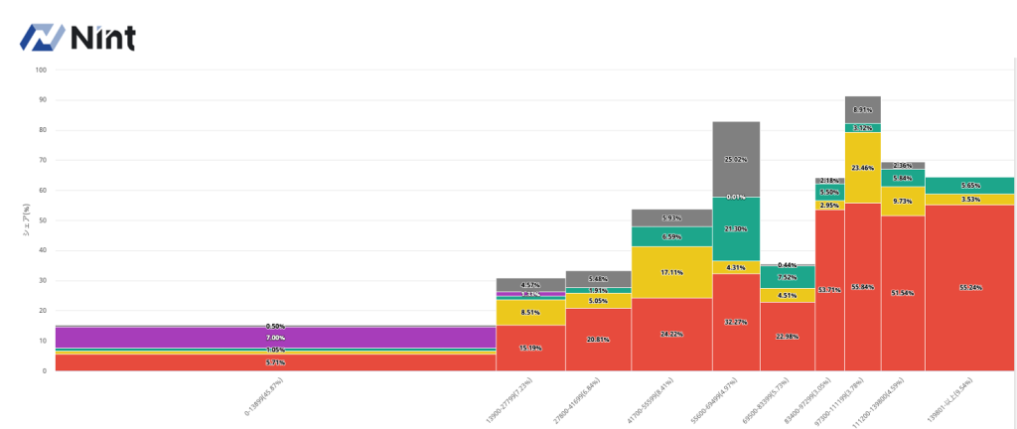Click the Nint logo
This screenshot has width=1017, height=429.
tap(78, 37)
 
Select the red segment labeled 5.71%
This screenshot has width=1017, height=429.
tap(275, 362)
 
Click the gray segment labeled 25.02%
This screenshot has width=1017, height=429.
tap(736, 159)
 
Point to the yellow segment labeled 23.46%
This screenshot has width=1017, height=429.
tap(862, 168)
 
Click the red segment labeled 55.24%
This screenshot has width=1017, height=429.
tap(969, 287)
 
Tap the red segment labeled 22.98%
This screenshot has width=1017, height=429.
tap(788, 336)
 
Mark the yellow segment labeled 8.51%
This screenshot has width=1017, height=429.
tap(530, 312)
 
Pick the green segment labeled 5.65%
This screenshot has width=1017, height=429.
tap(969, 185)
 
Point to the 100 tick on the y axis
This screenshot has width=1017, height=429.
tap(41, 70)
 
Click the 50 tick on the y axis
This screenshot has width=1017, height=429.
tap(41, 220)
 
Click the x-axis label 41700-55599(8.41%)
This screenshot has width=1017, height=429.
tap(655, 397)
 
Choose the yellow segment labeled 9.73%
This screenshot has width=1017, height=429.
tap(903, 201)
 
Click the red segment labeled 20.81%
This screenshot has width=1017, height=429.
tap(598, 340)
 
